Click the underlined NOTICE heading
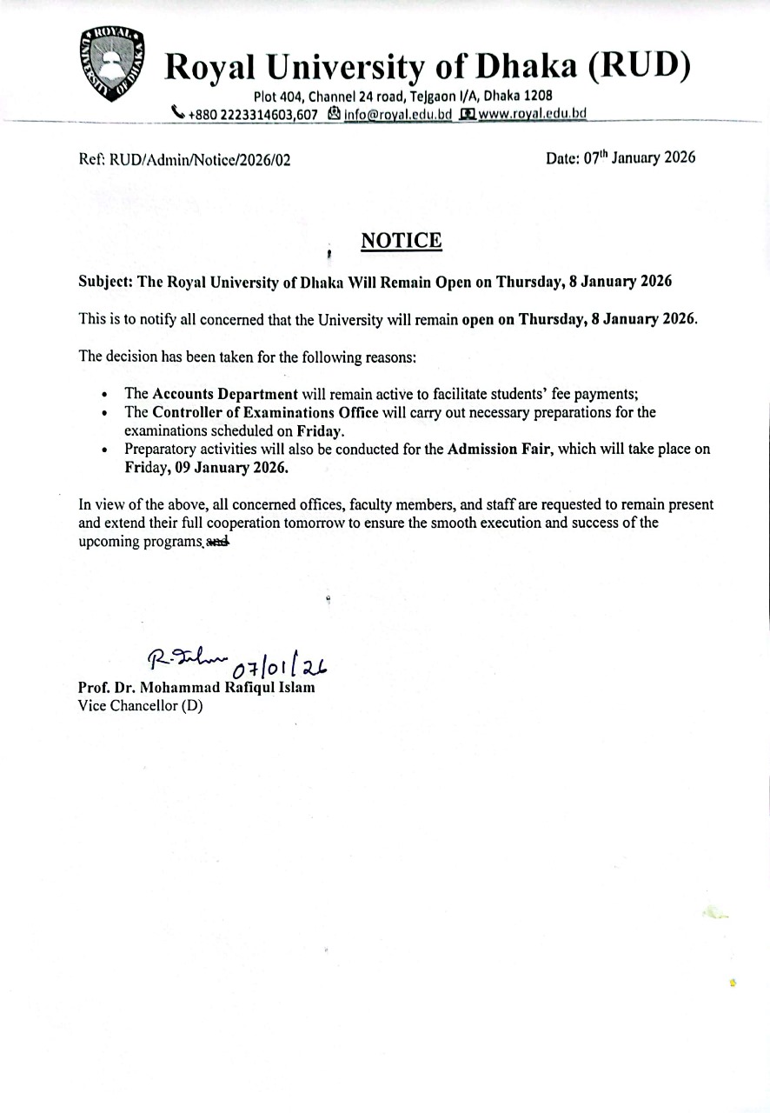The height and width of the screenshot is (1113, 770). [x=401, y=240]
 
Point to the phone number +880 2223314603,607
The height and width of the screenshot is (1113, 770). [x=245, y=113]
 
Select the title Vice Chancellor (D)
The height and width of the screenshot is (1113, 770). [x=140, y=706]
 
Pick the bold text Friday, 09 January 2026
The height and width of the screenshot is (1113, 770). [x=206, y=467]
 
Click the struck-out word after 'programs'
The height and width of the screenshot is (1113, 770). [x=218, y=541]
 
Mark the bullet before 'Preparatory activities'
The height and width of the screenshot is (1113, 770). [x=104, y=450]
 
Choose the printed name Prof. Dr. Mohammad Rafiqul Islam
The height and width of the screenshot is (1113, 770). [x=196, y=688]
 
